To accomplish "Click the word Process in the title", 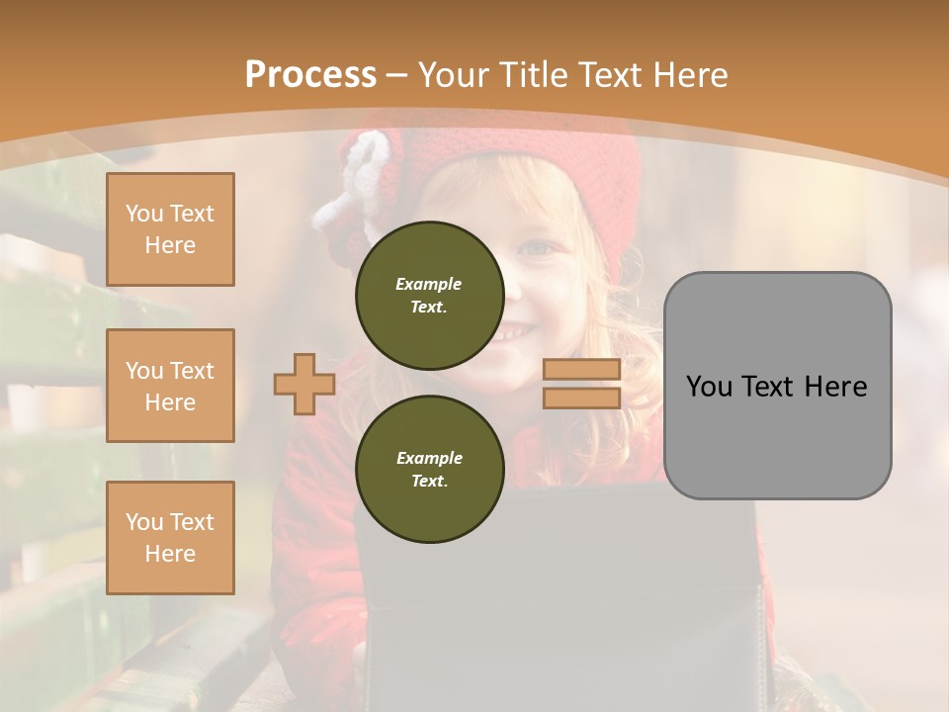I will (x=310, y=75).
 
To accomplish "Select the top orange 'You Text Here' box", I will (x=170, y=229).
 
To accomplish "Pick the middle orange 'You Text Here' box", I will (x=170, y=386).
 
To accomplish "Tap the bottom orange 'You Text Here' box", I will (x=170, y=538).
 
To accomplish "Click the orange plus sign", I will (x=304, y=384).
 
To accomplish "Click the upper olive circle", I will (x=429, y=295).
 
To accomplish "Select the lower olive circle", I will (x=429, y=469).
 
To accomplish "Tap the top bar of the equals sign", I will (x=581, y=370).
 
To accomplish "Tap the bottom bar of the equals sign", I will (x=581, y=398).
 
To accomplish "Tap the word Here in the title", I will (x=685, y=75).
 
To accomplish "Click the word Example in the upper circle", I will (x=428, y=284).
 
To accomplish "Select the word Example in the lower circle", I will (x=429, y=458).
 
